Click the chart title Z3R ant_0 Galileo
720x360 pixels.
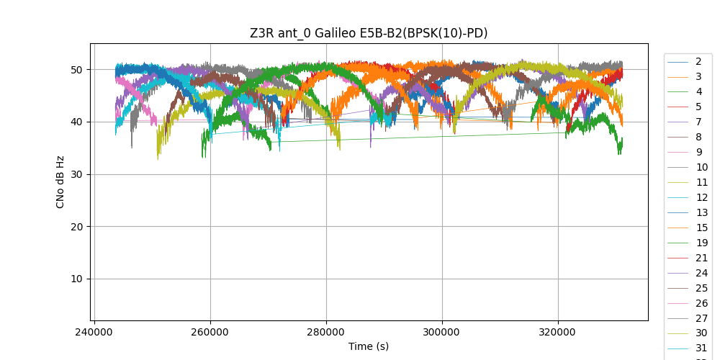[x=369, y=33]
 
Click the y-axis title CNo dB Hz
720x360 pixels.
[x=60, y=182]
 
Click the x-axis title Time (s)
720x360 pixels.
[x=369, y=346]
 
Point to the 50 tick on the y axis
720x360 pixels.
[x=76, y=70]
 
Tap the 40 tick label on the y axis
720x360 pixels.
[x=76, y=122]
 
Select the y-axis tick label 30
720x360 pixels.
[x=76, y=174]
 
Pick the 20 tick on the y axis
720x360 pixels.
[x=76, y=227]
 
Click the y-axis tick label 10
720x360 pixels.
[x=76, y=279]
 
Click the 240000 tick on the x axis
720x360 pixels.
[x=94, y=333]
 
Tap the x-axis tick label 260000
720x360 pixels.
[x=210, y=333]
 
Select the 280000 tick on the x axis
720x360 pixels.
[x=326, y=333]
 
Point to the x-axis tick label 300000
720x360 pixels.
[x=441, y=333]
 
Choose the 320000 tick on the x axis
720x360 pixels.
[x=557, y=333]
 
